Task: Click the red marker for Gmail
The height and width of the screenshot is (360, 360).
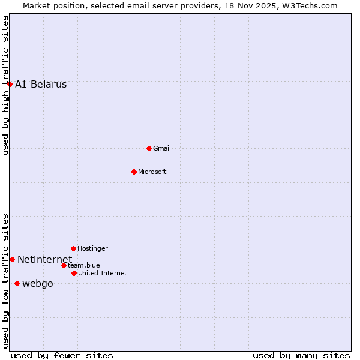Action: pyautogui.click(x=149, y=148)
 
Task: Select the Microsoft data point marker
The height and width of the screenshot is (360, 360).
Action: pyautogui.click(x=134, y=172)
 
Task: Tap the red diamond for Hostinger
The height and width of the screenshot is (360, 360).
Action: pyautogui.click(x=73, y=248)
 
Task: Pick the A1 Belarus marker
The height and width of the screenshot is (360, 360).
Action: pyautogui.click(x=10, y=84)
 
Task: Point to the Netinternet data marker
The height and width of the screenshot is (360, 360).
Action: pyautogui.click(x=12, y=259)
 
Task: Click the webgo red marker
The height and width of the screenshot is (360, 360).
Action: pyautogui.click(x=17, y=283)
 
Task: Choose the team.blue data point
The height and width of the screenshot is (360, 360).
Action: pyautogui.click(x=64, y=265)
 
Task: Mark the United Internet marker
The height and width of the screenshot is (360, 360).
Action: pyautogui.click(x=74, y=273)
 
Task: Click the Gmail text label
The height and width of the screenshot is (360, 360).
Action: pyautogui.click(x=162, y=148)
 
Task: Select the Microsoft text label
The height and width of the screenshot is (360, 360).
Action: pyautogui.click(x=152, y=172)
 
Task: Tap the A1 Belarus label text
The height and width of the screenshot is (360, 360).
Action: pyautogui.click(x=41, y=84)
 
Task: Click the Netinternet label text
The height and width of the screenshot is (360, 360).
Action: pyautogui.click(x=44, y=259)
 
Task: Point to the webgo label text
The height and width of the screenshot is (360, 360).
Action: pyautogui.click(x=38, y=283)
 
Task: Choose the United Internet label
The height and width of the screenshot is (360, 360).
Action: pyautogui.click(x=103, y=273)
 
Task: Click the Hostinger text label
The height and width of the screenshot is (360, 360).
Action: pyautogui.click(x=93, y=248)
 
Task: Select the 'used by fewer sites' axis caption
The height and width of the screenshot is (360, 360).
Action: pyautogui.click(x=62, y=355)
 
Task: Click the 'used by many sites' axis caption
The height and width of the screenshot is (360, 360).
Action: pyautogui.click(x=301, y=355)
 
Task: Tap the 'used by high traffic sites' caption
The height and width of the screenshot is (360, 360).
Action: pyautogui.click(x=5, y=86)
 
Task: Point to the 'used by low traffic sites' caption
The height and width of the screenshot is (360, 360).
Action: pyautogui.click(x=5, y=281)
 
